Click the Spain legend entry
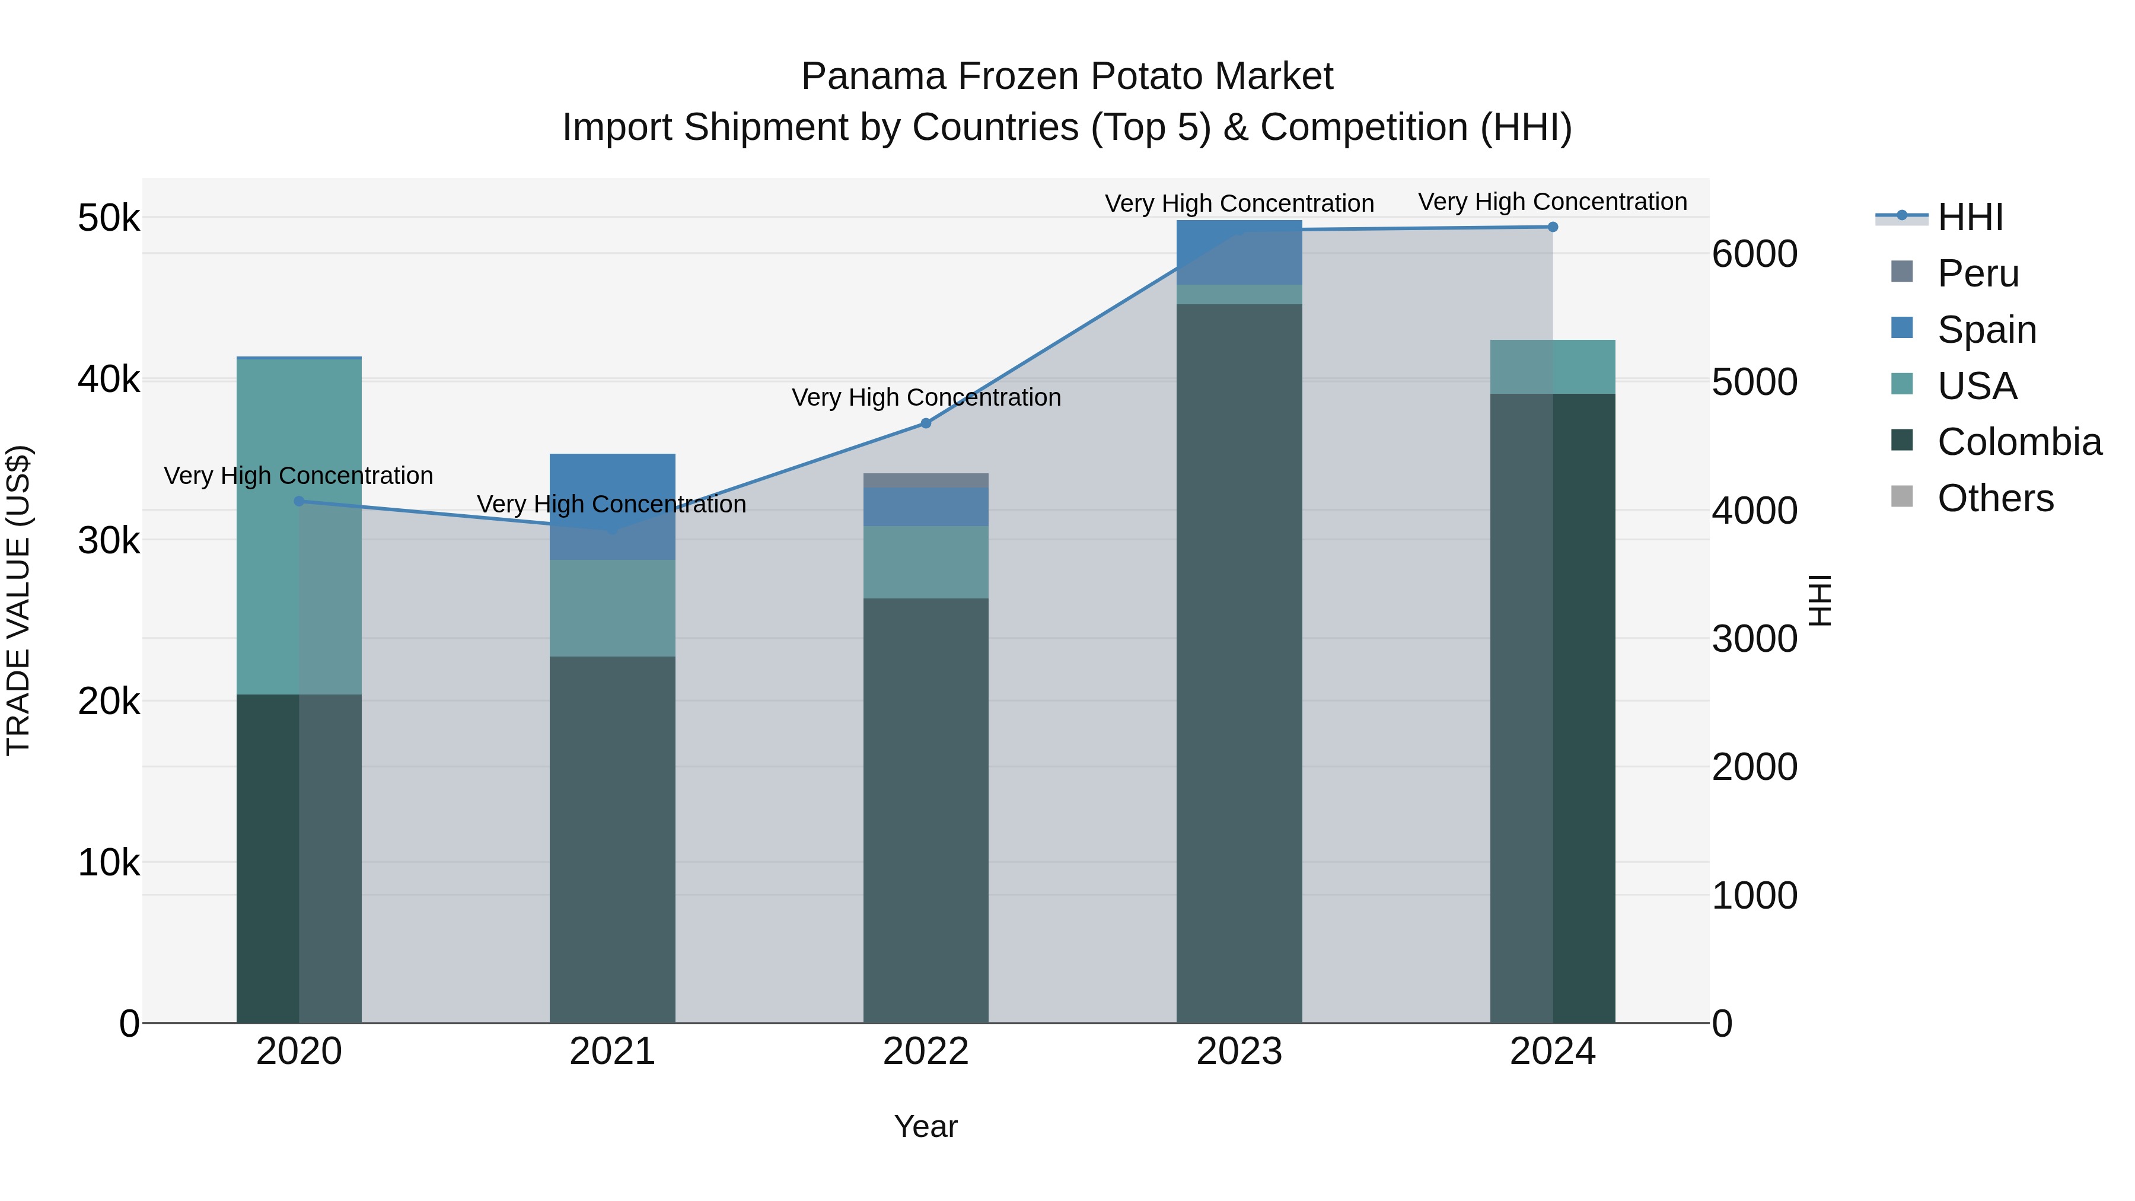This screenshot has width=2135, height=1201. (x=1986, y=329)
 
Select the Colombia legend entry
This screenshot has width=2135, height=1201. (x=2019, y=442)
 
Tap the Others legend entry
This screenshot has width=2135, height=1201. (x=1995, y=498)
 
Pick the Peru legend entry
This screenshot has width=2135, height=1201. (x=1977, y=273)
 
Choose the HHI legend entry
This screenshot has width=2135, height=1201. (x=1969, y=217)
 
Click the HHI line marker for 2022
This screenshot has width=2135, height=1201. (x=926, y=423)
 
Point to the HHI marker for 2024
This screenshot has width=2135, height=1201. (x=1553, y=227)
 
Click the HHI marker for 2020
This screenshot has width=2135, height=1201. (x=299, y=501)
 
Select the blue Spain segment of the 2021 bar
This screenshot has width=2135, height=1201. (x=613, y=505)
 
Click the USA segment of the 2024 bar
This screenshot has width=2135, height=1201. (x=1553, y=367)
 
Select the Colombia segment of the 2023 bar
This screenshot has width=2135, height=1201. (x=1239, y=663)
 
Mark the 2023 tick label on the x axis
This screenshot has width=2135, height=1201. (x=1239, y=1052)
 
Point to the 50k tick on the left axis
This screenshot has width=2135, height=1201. (x=109, y=219)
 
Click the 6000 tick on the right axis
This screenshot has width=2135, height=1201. (x=1755, y=254)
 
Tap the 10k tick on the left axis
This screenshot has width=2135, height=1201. (x=109, y=863)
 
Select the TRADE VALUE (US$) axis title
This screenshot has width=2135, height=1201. (x=18, y=600)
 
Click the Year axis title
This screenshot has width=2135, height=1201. (x=926, y=1126)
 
